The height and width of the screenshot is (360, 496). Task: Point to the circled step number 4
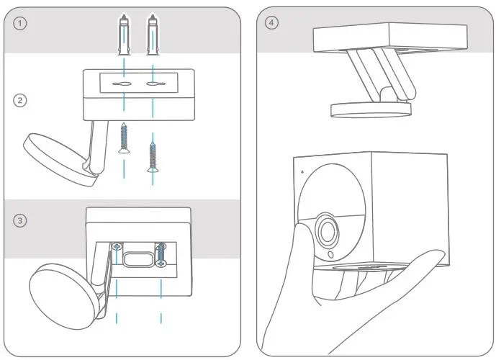(x=271, y=23)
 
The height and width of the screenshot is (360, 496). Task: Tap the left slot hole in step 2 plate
(x=124, y=85)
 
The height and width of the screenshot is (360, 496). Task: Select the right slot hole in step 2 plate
(x=153, y=85)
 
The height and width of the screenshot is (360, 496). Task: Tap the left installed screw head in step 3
(x=117, y=247)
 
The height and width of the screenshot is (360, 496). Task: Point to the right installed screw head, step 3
(x=161, y=247)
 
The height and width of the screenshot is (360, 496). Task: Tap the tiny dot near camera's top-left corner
(x=303, y=171)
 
